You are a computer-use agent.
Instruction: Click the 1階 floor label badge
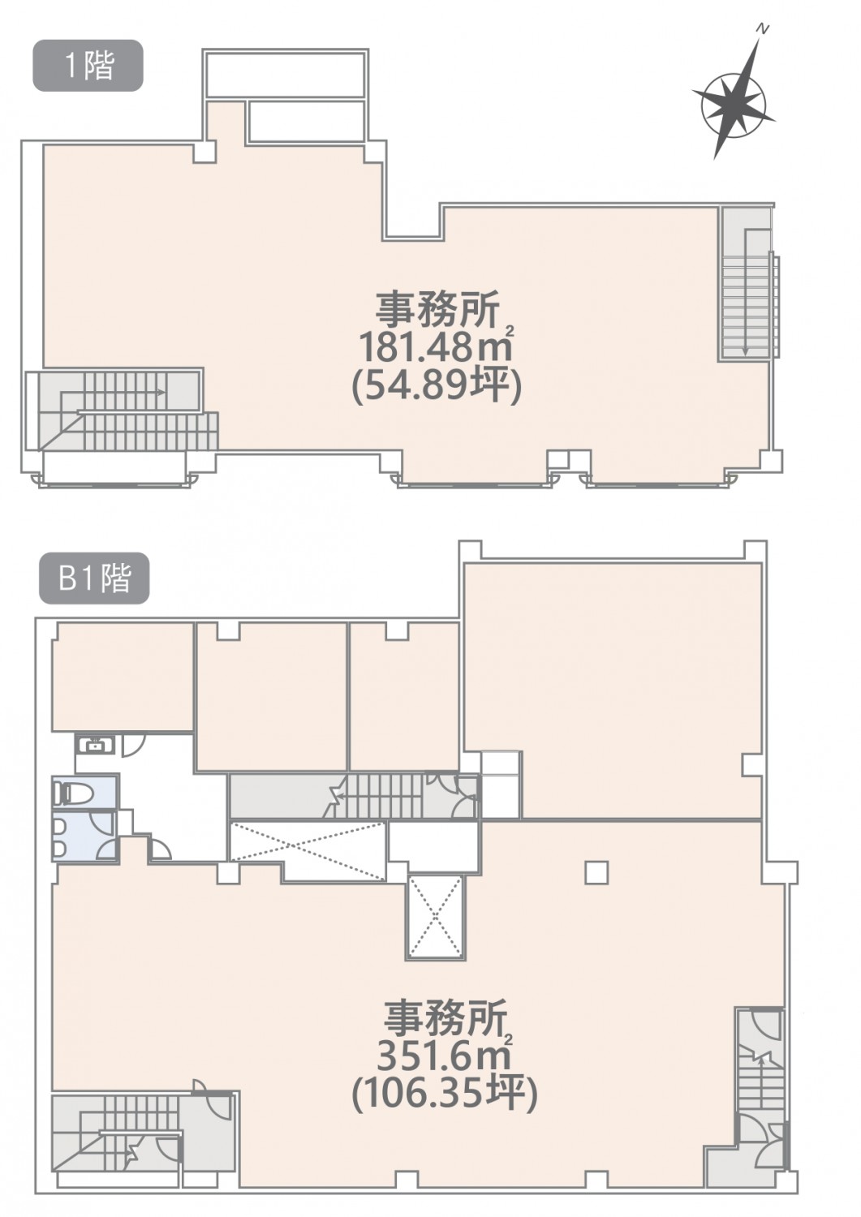[88, 65]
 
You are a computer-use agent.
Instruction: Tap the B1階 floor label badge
[94, 578]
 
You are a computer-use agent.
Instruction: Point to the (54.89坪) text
[437, 387]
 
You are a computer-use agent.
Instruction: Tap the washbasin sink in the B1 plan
[95, 744]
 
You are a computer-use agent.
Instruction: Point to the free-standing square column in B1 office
[596, 874]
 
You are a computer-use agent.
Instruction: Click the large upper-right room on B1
[612, 690]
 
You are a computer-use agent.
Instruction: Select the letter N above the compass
[764, 30]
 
